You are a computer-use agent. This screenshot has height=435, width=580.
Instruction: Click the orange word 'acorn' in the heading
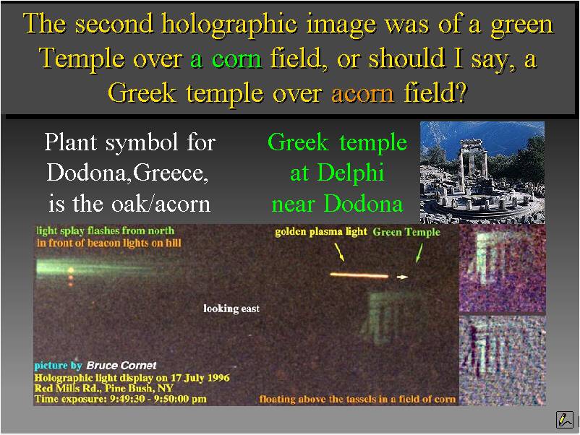362,93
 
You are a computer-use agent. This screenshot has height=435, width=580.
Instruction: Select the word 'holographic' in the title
229,25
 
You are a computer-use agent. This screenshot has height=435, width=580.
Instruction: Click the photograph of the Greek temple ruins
482,173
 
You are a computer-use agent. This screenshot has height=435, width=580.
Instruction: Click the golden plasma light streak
359,275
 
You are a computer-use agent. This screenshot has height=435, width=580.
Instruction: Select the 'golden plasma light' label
320,232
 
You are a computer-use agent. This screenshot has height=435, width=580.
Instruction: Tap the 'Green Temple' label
406,232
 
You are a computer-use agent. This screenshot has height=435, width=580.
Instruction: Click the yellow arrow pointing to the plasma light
340,252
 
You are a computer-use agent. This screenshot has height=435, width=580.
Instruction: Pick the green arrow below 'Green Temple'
419,253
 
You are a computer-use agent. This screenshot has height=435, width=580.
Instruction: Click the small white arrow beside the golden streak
402,277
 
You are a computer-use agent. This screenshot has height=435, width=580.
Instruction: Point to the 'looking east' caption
231,309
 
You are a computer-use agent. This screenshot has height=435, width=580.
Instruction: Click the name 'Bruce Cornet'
121,366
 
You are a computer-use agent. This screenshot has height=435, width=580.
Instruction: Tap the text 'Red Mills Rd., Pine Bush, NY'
104,389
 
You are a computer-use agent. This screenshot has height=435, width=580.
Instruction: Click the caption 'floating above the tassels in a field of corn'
357,399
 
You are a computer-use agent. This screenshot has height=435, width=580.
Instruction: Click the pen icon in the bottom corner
565,420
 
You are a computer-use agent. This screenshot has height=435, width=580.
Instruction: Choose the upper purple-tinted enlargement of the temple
503,269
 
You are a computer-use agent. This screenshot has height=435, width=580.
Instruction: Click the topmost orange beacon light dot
71,271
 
